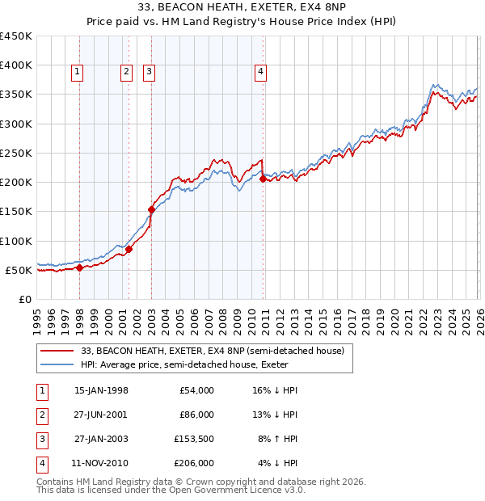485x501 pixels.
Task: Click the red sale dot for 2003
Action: point(151,209)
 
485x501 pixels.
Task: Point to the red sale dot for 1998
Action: point(79,267)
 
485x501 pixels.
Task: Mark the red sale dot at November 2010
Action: point(263,179)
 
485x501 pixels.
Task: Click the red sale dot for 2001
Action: point(129,249)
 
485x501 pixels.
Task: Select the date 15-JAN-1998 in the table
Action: point(101,390)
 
